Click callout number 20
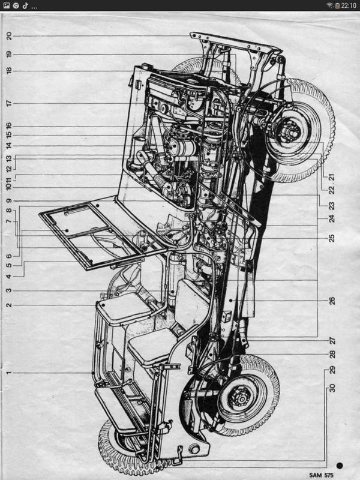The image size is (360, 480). pyautogui.click(x=9, y=36)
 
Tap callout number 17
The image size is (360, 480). pyautogui.click(x=9, y=103)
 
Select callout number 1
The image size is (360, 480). pyautogui.click(x=9, y=373)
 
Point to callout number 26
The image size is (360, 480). pyautogui.click(x=332, y=301)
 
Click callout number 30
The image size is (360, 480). pyautogui.click(x=332, y=388)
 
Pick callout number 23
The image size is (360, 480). pyautogui.click(x=332, y=206)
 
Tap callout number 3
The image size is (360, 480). pyautogui.click(x=9, y=290)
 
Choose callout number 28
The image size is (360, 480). pyautogui.click(x=332, y=355)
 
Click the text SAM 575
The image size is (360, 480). pyautogui.click(x=321, y=475)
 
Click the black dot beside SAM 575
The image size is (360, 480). pyautogui.click(x=339, y=466)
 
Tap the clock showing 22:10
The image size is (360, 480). pyautogui.click(x=349, y=5)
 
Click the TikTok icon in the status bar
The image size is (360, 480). pyautogui.click(x=25, y=5)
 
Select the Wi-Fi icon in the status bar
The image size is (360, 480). pyautogui.click(x=329, y=5)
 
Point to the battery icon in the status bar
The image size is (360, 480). pyautogui.click(x=337, y=5)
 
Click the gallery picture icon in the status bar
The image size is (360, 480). pyautogui.click(x=6, y=5)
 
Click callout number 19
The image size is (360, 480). pyautogui.click(x=9, y=54)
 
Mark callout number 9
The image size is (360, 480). pyautogui.click(x=9, y=200)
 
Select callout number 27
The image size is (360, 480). pyautogui.click(x=332, y=340)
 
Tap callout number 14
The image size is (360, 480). pyautogui.click(x=9, y=145)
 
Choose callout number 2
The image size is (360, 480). pyautogui.click(x=9, y=305)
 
